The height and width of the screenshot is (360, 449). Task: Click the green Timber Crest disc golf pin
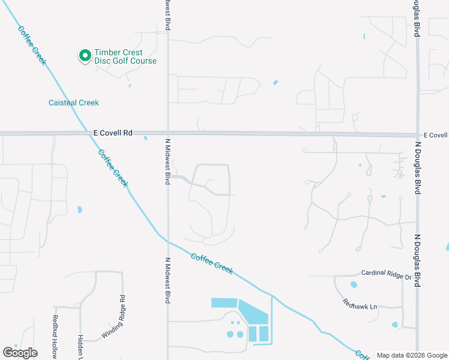pyautogui.click(x=85, y=56)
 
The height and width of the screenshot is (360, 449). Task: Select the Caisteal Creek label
pyautogui.click(x=73, y=103)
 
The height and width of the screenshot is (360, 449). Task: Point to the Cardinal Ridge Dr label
pyautogui.click(x=386, y=277)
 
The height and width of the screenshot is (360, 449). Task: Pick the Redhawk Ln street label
pyautogui.click(x=360, y=305)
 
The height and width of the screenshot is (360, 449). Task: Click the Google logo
pyautogui.click(x=20, y=353)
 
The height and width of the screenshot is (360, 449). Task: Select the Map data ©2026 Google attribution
pyautogui.click(x=412, y=355)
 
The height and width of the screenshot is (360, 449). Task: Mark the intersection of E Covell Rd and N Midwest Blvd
pyautogui.click(x=167, y=133)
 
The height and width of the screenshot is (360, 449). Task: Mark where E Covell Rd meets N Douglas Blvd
pyautogui.click(x=417, y=134)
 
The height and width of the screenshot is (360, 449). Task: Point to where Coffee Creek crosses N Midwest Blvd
pyautogui.click(x=167, y=241)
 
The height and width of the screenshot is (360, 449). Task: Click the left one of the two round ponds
pyautogui.click(x=231, y=334)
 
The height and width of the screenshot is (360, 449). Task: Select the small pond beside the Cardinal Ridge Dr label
pyautogui.click(x=353, y=285)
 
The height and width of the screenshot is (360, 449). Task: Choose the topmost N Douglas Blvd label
pyautogui.click(x=415, y=18)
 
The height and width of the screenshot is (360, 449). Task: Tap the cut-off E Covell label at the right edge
pyautogui.click(x=436, y=136)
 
